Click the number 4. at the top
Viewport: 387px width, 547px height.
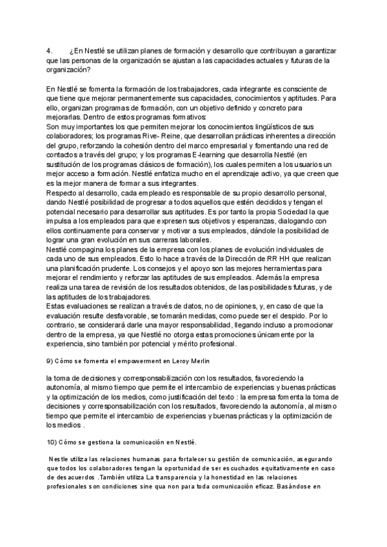(50, 51)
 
